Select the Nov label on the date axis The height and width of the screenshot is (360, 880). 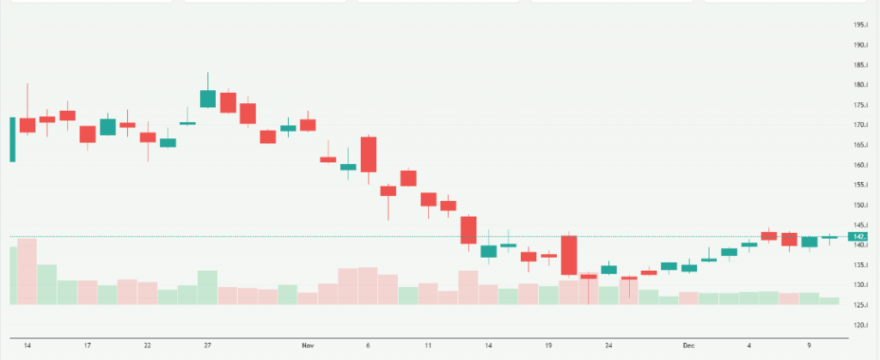309,345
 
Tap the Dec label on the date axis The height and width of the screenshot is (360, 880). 687,345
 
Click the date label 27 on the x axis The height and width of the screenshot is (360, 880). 208,345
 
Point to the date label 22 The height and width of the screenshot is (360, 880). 148,345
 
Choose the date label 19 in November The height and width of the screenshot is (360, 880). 548,345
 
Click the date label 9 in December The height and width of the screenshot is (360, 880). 809,345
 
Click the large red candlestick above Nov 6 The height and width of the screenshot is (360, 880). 369,155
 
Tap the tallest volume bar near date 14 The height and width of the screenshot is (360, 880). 27,271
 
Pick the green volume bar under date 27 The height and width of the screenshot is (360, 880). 208,288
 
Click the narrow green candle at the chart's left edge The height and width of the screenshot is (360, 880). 13,139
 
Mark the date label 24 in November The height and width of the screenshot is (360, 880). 608,345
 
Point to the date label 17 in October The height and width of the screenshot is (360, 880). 88,345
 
